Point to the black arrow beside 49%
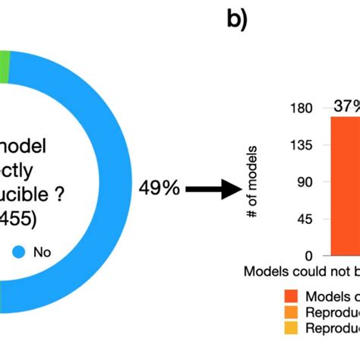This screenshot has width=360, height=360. tap(207, 189)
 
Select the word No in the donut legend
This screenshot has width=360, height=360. tap(43, 251)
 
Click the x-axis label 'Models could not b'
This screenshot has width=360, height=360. tap(302, 271)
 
